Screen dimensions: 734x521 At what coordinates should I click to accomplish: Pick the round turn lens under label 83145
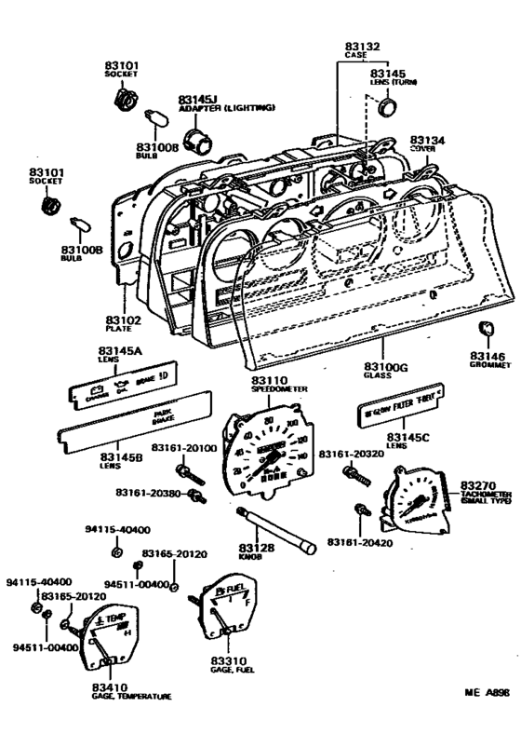coord(385,110)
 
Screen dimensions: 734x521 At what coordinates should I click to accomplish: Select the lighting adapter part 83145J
coord(195,141)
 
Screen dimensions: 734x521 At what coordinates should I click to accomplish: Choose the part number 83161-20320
coord(351,454)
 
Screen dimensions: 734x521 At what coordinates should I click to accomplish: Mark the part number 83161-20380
coord(148,492)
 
